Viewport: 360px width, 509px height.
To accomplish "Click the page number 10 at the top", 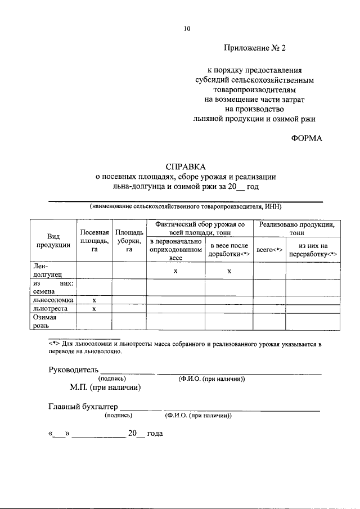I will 187,29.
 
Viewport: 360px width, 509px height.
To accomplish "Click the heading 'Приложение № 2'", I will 255,48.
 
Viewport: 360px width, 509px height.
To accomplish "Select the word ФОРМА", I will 307,138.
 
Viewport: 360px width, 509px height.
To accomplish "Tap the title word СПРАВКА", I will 186,166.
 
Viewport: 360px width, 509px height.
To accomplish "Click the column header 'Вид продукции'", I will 53,240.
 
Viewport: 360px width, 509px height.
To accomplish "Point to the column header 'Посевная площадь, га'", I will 94,241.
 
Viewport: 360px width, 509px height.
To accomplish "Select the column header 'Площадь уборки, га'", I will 129,241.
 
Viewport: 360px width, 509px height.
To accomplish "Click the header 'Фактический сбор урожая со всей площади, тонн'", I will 200,228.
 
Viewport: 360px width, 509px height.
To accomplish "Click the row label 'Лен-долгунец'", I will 43,271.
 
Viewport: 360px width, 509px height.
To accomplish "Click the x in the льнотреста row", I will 94,309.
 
